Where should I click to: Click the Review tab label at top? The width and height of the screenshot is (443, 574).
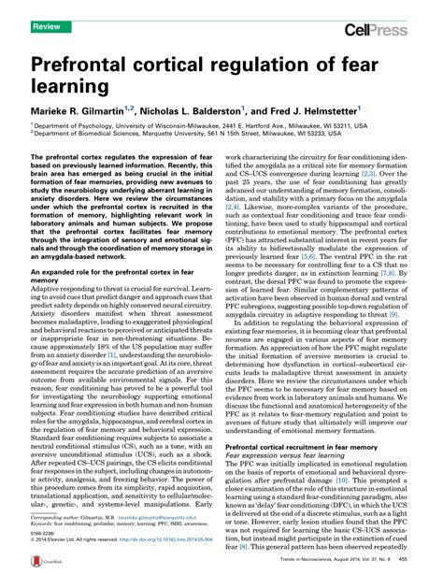(x=47, y=6)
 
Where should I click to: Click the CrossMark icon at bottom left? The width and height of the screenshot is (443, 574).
(x=44, y=563)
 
